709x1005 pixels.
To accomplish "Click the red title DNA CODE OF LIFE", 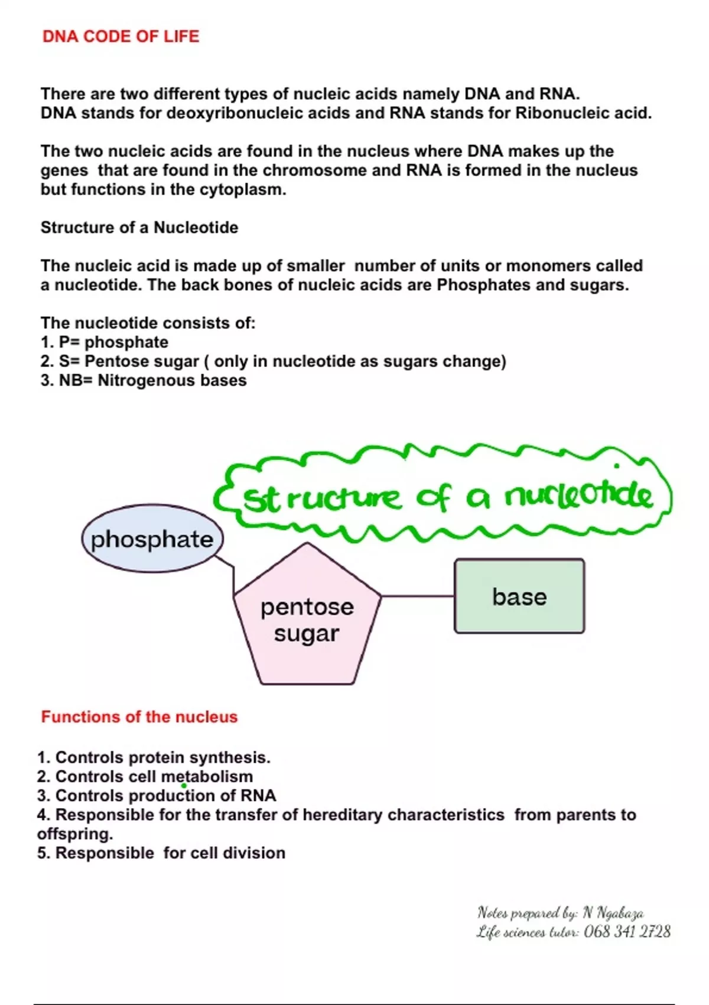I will [121, 37].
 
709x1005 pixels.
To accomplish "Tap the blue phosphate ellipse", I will [152, 539].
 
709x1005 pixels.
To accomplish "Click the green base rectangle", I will [519, 596].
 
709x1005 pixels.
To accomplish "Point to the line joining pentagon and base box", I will [418, 596].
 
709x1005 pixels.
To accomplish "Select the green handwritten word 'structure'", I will [322, 498].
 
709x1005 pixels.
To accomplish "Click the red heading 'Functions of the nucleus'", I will [139, 717].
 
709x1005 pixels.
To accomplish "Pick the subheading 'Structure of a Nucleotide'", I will [139, 228].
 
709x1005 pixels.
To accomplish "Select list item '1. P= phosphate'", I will [105, 342].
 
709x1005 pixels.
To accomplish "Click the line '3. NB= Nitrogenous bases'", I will [144, 380].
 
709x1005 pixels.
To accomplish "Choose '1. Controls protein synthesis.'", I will [154, 757].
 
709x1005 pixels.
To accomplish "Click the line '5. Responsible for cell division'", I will [161, 853].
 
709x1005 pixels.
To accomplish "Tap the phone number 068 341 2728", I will [627, 932].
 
